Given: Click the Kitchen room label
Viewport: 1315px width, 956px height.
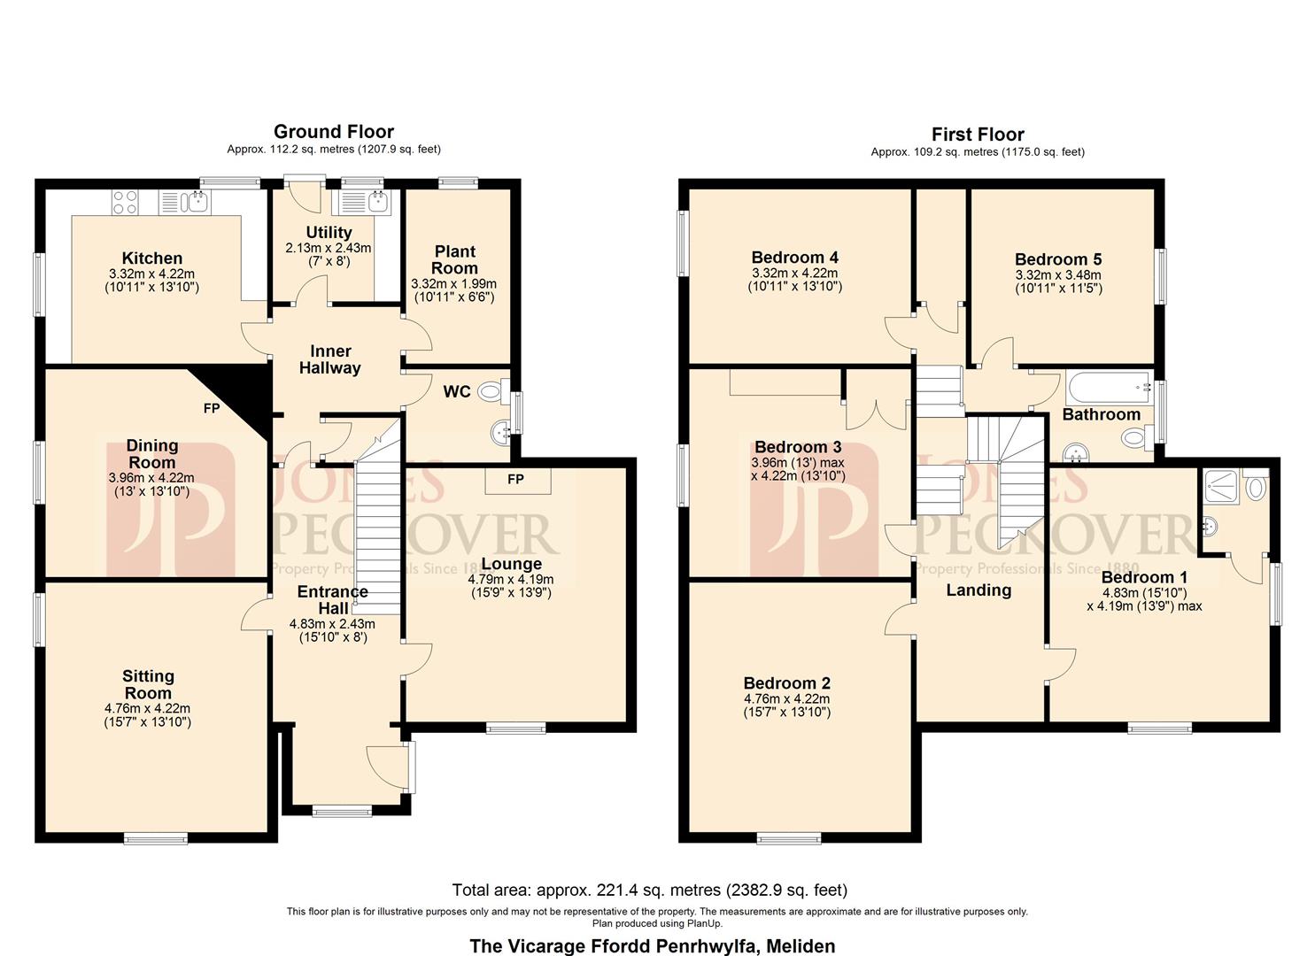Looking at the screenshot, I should (x=152, y=258).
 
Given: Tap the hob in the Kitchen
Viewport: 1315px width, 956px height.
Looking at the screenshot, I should (x=125, y=203).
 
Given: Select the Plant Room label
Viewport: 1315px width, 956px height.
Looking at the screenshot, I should (x=454, y=259).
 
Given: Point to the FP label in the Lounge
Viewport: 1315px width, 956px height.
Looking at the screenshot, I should (x=515, y=479).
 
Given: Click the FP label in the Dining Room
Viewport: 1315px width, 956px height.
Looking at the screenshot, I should (x=212, y=408).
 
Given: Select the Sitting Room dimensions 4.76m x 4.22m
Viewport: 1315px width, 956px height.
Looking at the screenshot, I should (x=147, y=708).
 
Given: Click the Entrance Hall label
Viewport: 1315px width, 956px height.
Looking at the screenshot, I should (x=333, y=599).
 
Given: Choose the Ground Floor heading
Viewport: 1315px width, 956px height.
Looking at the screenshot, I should (x=334, y=132).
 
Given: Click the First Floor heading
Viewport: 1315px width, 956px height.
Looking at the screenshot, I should (x=978, y=135).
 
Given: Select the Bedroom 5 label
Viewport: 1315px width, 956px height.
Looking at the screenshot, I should (x=1058, y=259).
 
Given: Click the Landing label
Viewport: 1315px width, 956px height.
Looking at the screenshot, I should (x=979, y=590).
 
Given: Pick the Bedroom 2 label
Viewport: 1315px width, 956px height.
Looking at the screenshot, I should (x=786, y=683).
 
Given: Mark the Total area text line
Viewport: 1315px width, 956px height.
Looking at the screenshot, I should (x=649, y=890).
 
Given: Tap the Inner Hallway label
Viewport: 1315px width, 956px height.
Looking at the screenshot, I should (x=330, y=359).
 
